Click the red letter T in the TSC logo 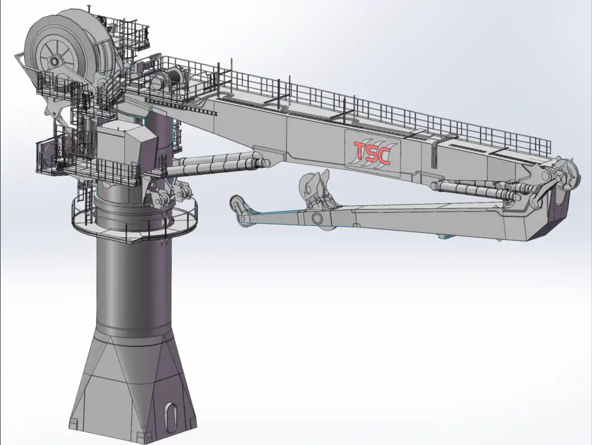pyautogui.click(x=360, y=152)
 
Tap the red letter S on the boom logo pyautogui.click(x=372, y=153)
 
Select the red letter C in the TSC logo pyautogui.click(x=384, y=155)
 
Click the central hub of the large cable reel pyautogui.click(x=55, y=60)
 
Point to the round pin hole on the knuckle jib pyautogui.click(x=317, y=218)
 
